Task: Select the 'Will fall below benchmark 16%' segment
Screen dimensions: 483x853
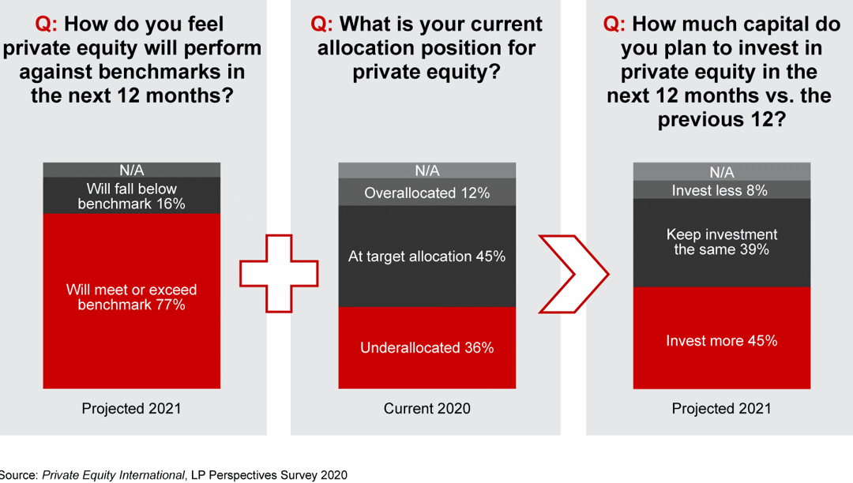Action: click(131, 196)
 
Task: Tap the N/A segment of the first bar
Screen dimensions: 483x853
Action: click(131, 170)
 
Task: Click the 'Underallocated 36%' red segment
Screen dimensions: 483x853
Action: click(426, 347)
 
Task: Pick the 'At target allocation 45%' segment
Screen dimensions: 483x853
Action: click(426, 256)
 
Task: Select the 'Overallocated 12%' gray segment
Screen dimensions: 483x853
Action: click(426, 193)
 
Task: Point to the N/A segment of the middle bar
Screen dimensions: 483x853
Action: click(426, 170)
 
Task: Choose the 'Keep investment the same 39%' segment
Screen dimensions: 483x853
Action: click(721, 241)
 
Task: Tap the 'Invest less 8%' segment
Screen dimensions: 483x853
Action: click(721, 190)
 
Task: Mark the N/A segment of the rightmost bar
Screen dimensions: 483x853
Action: click(721, 171)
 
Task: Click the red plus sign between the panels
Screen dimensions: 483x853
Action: click(279, 272)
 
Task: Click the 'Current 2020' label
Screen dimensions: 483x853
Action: click(426, 408)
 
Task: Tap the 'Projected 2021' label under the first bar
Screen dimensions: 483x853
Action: click(131, 408)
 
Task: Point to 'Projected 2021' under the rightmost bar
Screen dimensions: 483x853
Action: click(721, 408)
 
